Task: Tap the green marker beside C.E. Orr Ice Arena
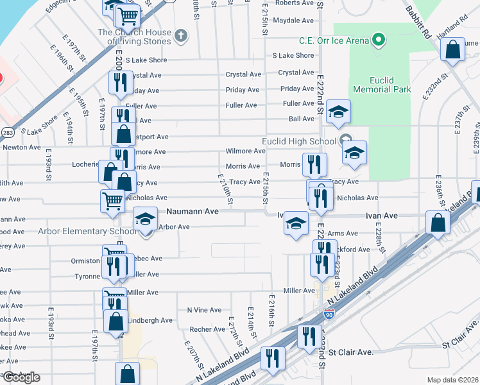pyautogui.click(x=379, y=40)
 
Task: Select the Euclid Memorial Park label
pyautogui.click(x=381, y=85)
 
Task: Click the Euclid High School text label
pyautogui.click(x=298, y=141)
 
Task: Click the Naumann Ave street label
pyautogui.click(x=193, y=210)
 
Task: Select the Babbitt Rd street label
pyautogui.click(x=420, y=23)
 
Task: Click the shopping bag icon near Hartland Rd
pyautogui.click(x=453, y=50)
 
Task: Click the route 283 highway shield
pyautogui.click(x=8, y=132)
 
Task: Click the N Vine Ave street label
pyautogui.click(x=204, y=310)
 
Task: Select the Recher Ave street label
pyautogui.click(x=207, y=329)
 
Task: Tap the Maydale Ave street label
pyautogui.click(x=293, y=21)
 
